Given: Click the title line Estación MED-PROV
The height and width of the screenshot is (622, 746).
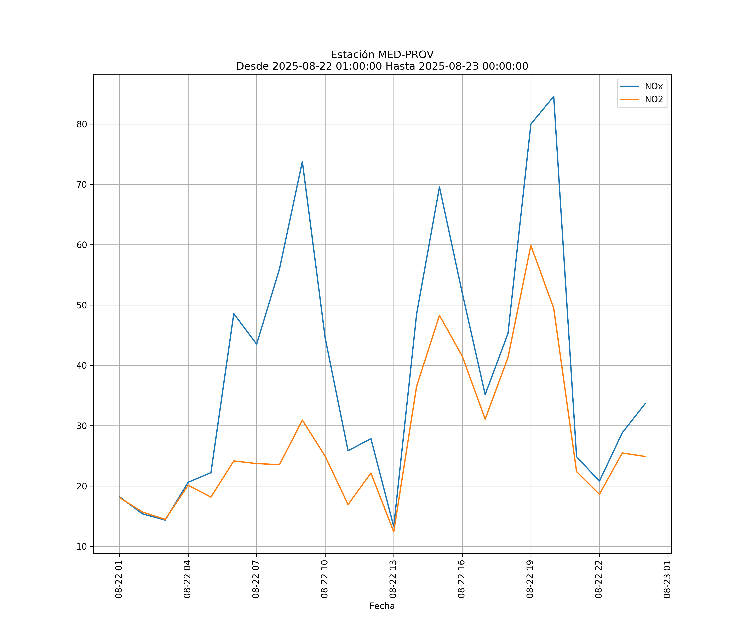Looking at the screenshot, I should coord(382,55).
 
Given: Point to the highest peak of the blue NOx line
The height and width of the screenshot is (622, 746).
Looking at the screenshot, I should coord(553,96).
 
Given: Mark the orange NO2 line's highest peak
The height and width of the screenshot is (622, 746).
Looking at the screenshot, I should coord(531,245).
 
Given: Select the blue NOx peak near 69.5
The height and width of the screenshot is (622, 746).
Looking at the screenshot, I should coord(440,187).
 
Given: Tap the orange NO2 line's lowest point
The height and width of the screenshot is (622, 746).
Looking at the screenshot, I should coord(394,532).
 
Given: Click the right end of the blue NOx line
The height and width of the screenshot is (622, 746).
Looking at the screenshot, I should coord(645,403).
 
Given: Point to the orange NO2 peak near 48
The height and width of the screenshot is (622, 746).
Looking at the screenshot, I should coord(440,315).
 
